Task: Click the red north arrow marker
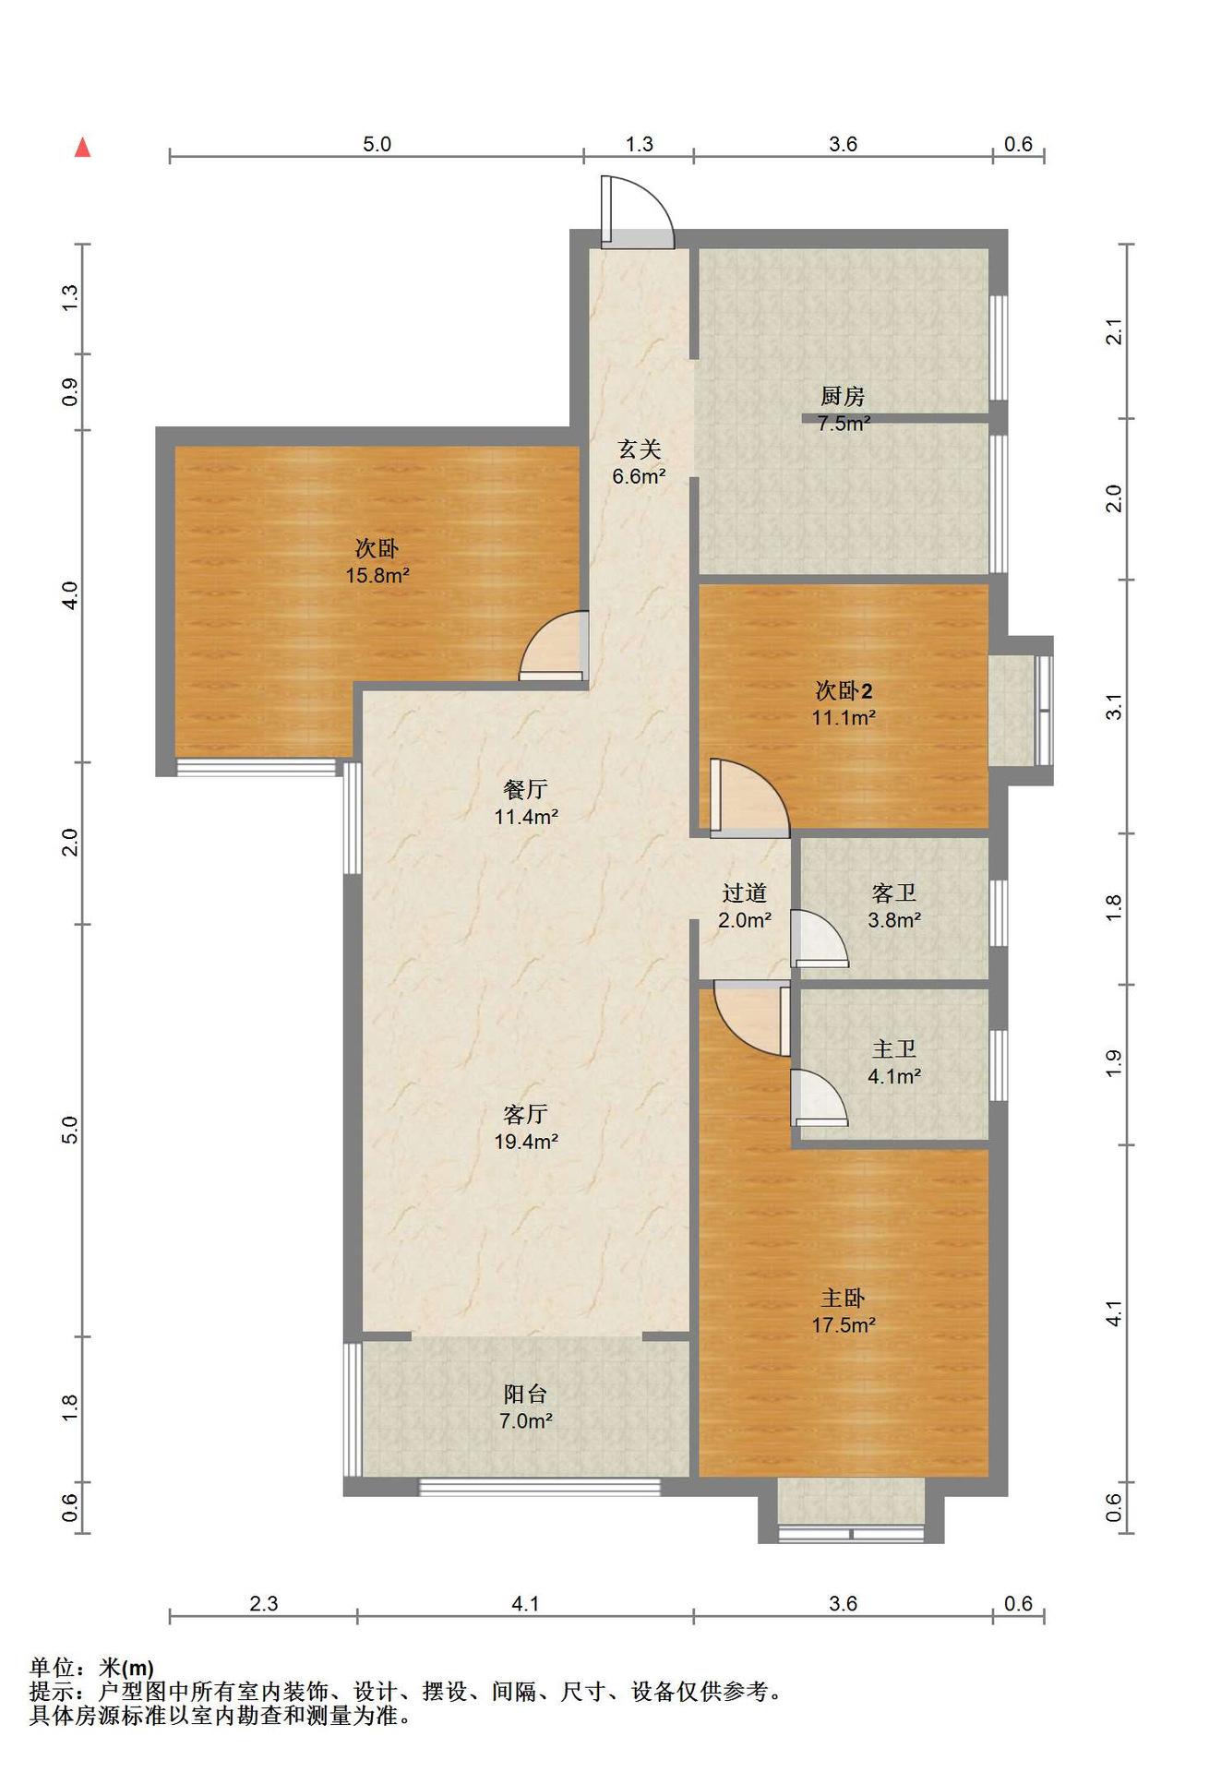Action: click(x=82, y=147)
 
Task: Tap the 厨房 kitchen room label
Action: click(x=843, y=397)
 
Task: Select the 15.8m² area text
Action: click(x=377, y=576)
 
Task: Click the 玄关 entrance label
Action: click(x=640, y=449)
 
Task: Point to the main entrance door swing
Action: click(x=637, y=212)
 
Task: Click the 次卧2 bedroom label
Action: click(x=844, y=690)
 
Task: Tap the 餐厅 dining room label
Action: click(x=525, y=790)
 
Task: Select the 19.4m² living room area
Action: click(x=526, y=1142)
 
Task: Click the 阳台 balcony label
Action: click(x=525, y=1395)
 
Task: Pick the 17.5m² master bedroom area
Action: click(x=844, y=1325)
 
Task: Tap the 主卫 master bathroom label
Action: click(x=894, y=1049)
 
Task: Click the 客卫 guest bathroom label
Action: click(x=894, y=893)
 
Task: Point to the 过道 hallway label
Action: click(x=745, y=893)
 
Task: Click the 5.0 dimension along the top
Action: click(x=377, y=144)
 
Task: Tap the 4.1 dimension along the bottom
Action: click(x=525, y=1604)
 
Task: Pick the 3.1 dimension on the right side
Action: click(x=1115, y=707)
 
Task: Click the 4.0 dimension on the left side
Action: click(x=69, y=593)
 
